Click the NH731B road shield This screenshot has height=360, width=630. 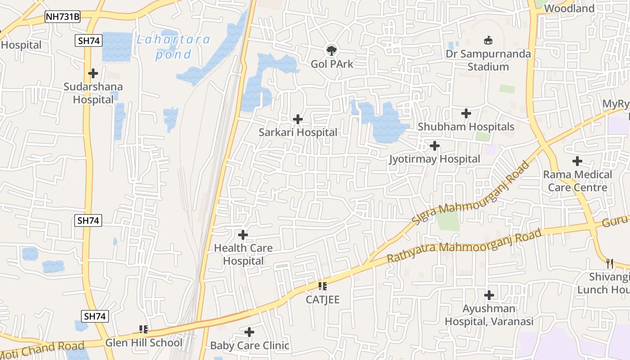pyautogui.click(x=63, y=17)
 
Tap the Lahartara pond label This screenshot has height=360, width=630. pyautogui.click(x=173, y=47)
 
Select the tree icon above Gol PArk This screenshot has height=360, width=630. pyautogui.click(x=332, y=50)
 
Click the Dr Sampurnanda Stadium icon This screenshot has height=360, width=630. pyautogui.click(x=488, y=40)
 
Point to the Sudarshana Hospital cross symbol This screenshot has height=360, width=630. pyautogui.click(x=93, y=73)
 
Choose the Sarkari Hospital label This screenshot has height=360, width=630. pyautogui.click(x=298, y=132)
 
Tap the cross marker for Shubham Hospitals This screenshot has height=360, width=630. pyautogui.click(x=466, y=113)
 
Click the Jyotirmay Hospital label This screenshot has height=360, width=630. pyautogui.click(x=435, y=159)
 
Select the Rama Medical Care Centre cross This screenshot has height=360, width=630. pyautogui.click(x=577, y=161)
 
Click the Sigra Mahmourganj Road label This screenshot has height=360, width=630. pyautogui.click(x=471, y=193)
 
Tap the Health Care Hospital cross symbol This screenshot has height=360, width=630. pyautogui.click(x=243, y=235)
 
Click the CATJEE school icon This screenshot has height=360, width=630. pyautogui.click(x=322, y=286)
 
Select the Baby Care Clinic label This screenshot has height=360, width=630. pyautogui.click(x=250, y=346)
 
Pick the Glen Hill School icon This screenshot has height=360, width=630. pyautogui.click(x=144, y=329)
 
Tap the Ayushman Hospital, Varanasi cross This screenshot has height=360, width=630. pyautogui.click(x=489, y=296)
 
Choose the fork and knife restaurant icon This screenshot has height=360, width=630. pyautogui.click(x=610, y=263)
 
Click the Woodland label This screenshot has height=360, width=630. pyautogui.click(x=569, y=9)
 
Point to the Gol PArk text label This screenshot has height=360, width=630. pyautogui.click(x=332, y=64)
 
